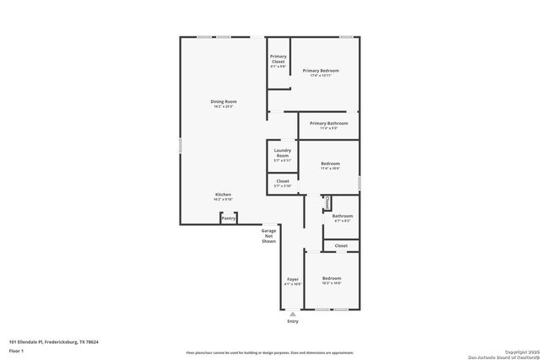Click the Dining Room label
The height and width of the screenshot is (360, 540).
click(x=224, y=102)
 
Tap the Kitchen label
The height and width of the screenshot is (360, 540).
click(x=223, y=194)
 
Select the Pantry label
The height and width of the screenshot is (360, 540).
click(x=228, y=218)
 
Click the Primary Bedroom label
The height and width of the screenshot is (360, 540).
click(x=321, y=71)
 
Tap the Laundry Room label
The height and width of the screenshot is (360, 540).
click(x=282, y=153)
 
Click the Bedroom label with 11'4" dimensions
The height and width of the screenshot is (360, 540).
click(x=330, y=164)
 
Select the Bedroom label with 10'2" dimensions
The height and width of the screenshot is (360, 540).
click(x=331, y=277)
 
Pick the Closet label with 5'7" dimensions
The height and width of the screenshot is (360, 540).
click(x=283, y=181)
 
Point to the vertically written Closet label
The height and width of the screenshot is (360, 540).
click(x=327, y=202)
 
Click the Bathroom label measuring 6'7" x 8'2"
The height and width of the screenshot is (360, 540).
click(x=343, y=216)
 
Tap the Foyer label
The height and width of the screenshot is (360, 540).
click(x=293, y=279)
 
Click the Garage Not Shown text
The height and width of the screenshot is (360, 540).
click(x=268, y=235)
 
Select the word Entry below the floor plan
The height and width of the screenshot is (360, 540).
click(x=293, y=321)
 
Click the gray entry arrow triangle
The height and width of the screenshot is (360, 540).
click(x=293, y=313)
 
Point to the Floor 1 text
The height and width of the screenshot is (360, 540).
click(x=16, y=350)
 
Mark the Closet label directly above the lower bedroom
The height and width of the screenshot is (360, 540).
click(x=341, y=245)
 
